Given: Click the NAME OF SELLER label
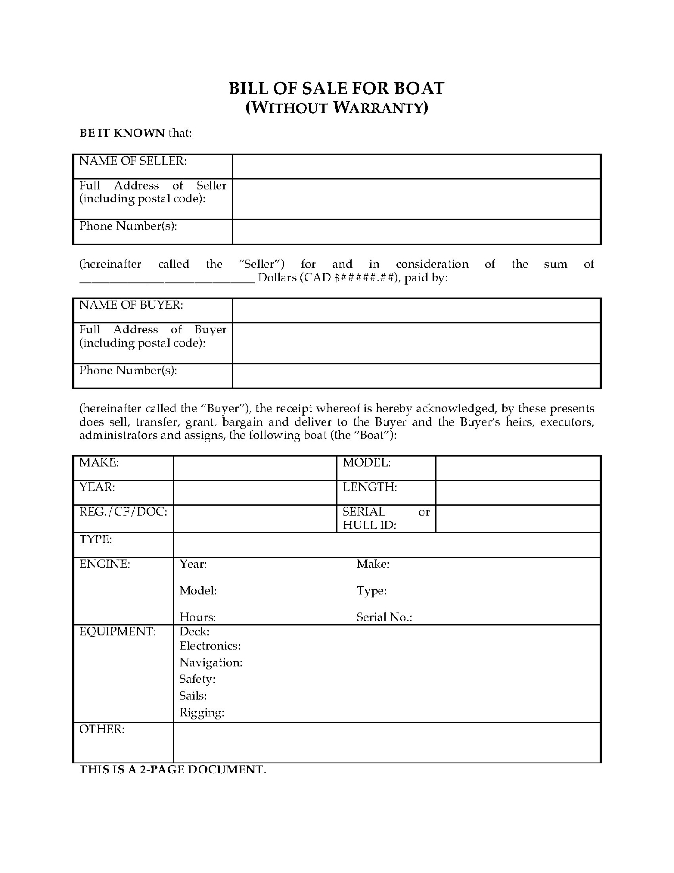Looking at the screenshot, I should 133,161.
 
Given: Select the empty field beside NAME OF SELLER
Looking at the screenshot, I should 416,166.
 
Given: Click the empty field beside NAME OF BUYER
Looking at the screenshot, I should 416,311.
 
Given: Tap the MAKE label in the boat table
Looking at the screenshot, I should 99,462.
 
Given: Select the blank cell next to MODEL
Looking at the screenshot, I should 518,468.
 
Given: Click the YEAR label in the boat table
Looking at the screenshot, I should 97,487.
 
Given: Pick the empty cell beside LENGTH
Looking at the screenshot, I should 518,492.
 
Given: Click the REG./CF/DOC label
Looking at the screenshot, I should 123,512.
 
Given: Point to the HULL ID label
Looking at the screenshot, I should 369,525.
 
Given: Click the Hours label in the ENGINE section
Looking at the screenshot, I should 198,617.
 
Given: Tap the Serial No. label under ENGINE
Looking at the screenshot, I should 384,617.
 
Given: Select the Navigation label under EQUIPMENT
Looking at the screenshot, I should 211,662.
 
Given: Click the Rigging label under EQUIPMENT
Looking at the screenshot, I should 202,712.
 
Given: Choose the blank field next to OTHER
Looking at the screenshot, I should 386,743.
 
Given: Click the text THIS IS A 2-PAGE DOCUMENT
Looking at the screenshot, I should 173,770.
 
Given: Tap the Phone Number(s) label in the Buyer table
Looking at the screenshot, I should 128,370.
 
